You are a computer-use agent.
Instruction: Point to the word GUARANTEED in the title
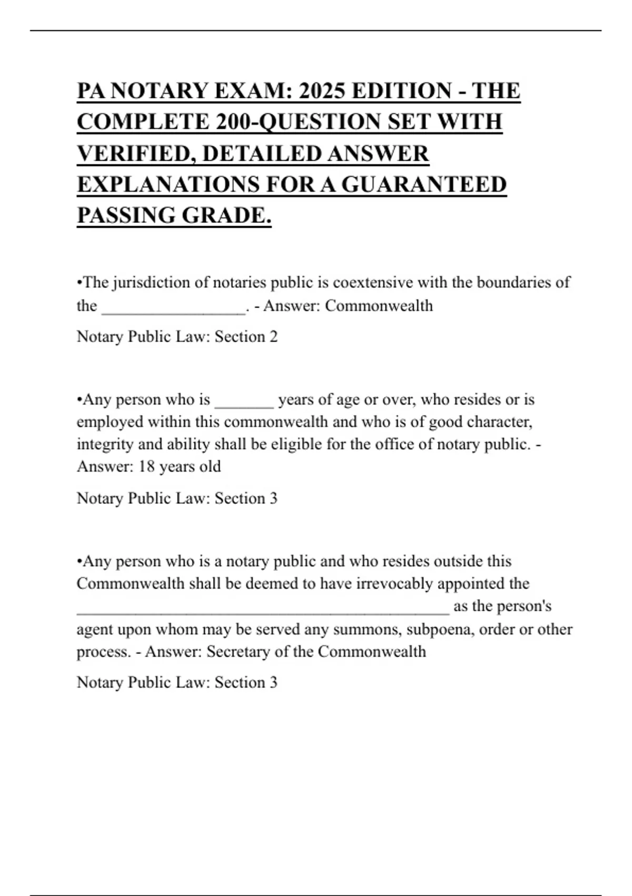click(x=424, y=184)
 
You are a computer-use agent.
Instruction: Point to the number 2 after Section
click(x=273, y=337)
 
